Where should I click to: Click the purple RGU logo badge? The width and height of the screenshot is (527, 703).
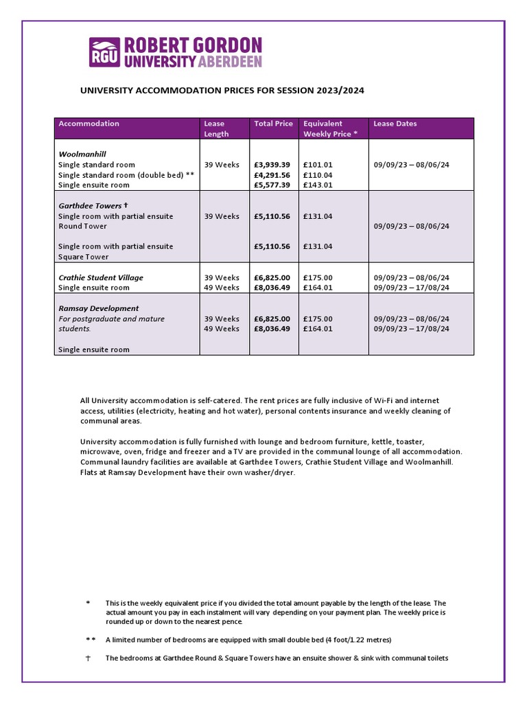coord(105,52)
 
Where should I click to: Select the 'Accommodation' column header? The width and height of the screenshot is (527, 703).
coord(89,124)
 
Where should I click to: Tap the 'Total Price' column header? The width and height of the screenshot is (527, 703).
coord(273,124)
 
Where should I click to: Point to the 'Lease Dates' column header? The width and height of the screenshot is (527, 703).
coord(395,124)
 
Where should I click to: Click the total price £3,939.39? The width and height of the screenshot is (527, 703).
coord(272,165)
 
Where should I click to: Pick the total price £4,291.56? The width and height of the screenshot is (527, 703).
coord(272,175)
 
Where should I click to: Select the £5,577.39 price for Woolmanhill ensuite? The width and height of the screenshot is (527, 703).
coord(272,185)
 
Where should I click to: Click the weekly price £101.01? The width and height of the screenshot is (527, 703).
coord(317,165)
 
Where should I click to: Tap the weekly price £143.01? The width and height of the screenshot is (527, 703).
coord(317,185)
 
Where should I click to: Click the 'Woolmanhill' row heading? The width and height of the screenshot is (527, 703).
coord(82,154)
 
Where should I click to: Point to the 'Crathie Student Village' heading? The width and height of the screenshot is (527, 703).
coord(101,277)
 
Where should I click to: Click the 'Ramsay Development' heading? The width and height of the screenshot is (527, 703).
coord(98,308)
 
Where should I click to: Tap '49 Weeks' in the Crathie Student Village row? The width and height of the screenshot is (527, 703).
coord(222,288)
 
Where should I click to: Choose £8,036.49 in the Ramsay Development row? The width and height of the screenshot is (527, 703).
coord(272,329)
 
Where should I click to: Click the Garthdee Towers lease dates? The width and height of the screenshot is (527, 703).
coord(411,226)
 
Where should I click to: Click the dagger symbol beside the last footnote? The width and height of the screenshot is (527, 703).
coord(87,658)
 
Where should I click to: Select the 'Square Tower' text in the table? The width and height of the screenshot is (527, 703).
coord(83,257)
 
